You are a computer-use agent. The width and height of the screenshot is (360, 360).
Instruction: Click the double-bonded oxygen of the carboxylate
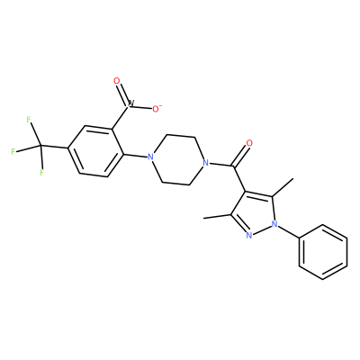pyautogui.click(x=117, y=81)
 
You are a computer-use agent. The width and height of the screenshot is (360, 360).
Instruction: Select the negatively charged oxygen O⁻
pyautogui.click(x=157, y=109)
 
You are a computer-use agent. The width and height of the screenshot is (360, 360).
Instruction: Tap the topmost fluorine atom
pyautogui.click(x=29, y=120)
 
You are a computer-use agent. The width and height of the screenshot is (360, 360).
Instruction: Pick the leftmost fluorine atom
pyautogui.click(x=13, y=151)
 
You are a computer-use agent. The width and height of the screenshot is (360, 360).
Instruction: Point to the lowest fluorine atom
pyautogui.click(x=42, y=173)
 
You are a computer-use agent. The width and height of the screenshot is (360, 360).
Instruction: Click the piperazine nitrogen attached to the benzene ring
pyautogui.click(x=150, y=157)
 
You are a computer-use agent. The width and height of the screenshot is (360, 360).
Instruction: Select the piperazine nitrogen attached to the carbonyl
pyautogui.click(x=205, y=164)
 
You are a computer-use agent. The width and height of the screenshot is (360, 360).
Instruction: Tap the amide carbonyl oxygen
pyautogui.click(x=249, y=143)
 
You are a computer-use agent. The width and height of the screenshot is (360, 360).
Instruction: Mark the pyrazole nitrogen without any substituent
pyautogui.click(x=248, y=235)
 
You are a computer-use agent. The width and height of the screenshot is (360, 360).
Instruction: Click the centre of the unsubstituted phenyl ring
pyautogui.click(x=323, y=252)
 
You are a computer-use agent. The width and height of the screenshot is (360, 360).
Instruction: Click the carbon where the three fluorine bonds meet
pyautogui.click(x=40, y=146)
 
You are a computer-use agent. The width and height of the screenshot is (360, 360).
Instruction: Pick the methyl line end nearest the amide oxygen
pyautogui.click(x=292, y=179)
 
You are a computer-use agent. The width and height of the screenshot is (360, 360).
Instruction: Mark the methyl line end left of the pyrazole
pyautogui.click(x=204, y=218)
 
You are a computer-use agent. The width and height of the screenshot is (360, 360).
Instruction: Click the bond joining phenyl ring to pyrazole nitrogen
pyautogui.click(x=288, y=231)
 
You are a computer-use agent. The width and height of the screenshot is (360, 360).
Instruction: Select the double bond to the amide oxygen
pyautogui.click(x=240, y=155)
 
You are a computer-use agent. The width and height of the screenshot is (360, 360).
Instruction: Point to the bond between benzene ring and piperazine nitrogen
pyautogui.click(x=135, y=156)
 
